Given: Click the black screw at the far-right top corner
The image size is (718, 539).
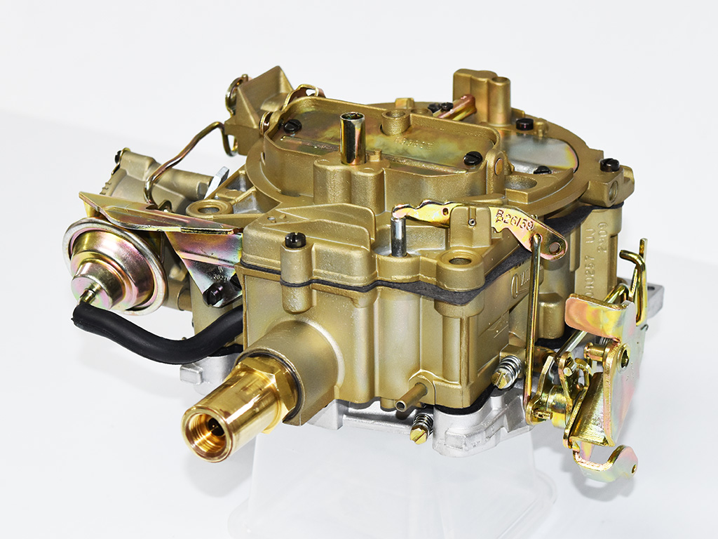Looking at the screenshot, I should (609, 166).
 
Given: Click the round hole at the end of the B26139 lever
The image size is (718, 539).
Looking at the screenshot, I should (555, 247).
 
